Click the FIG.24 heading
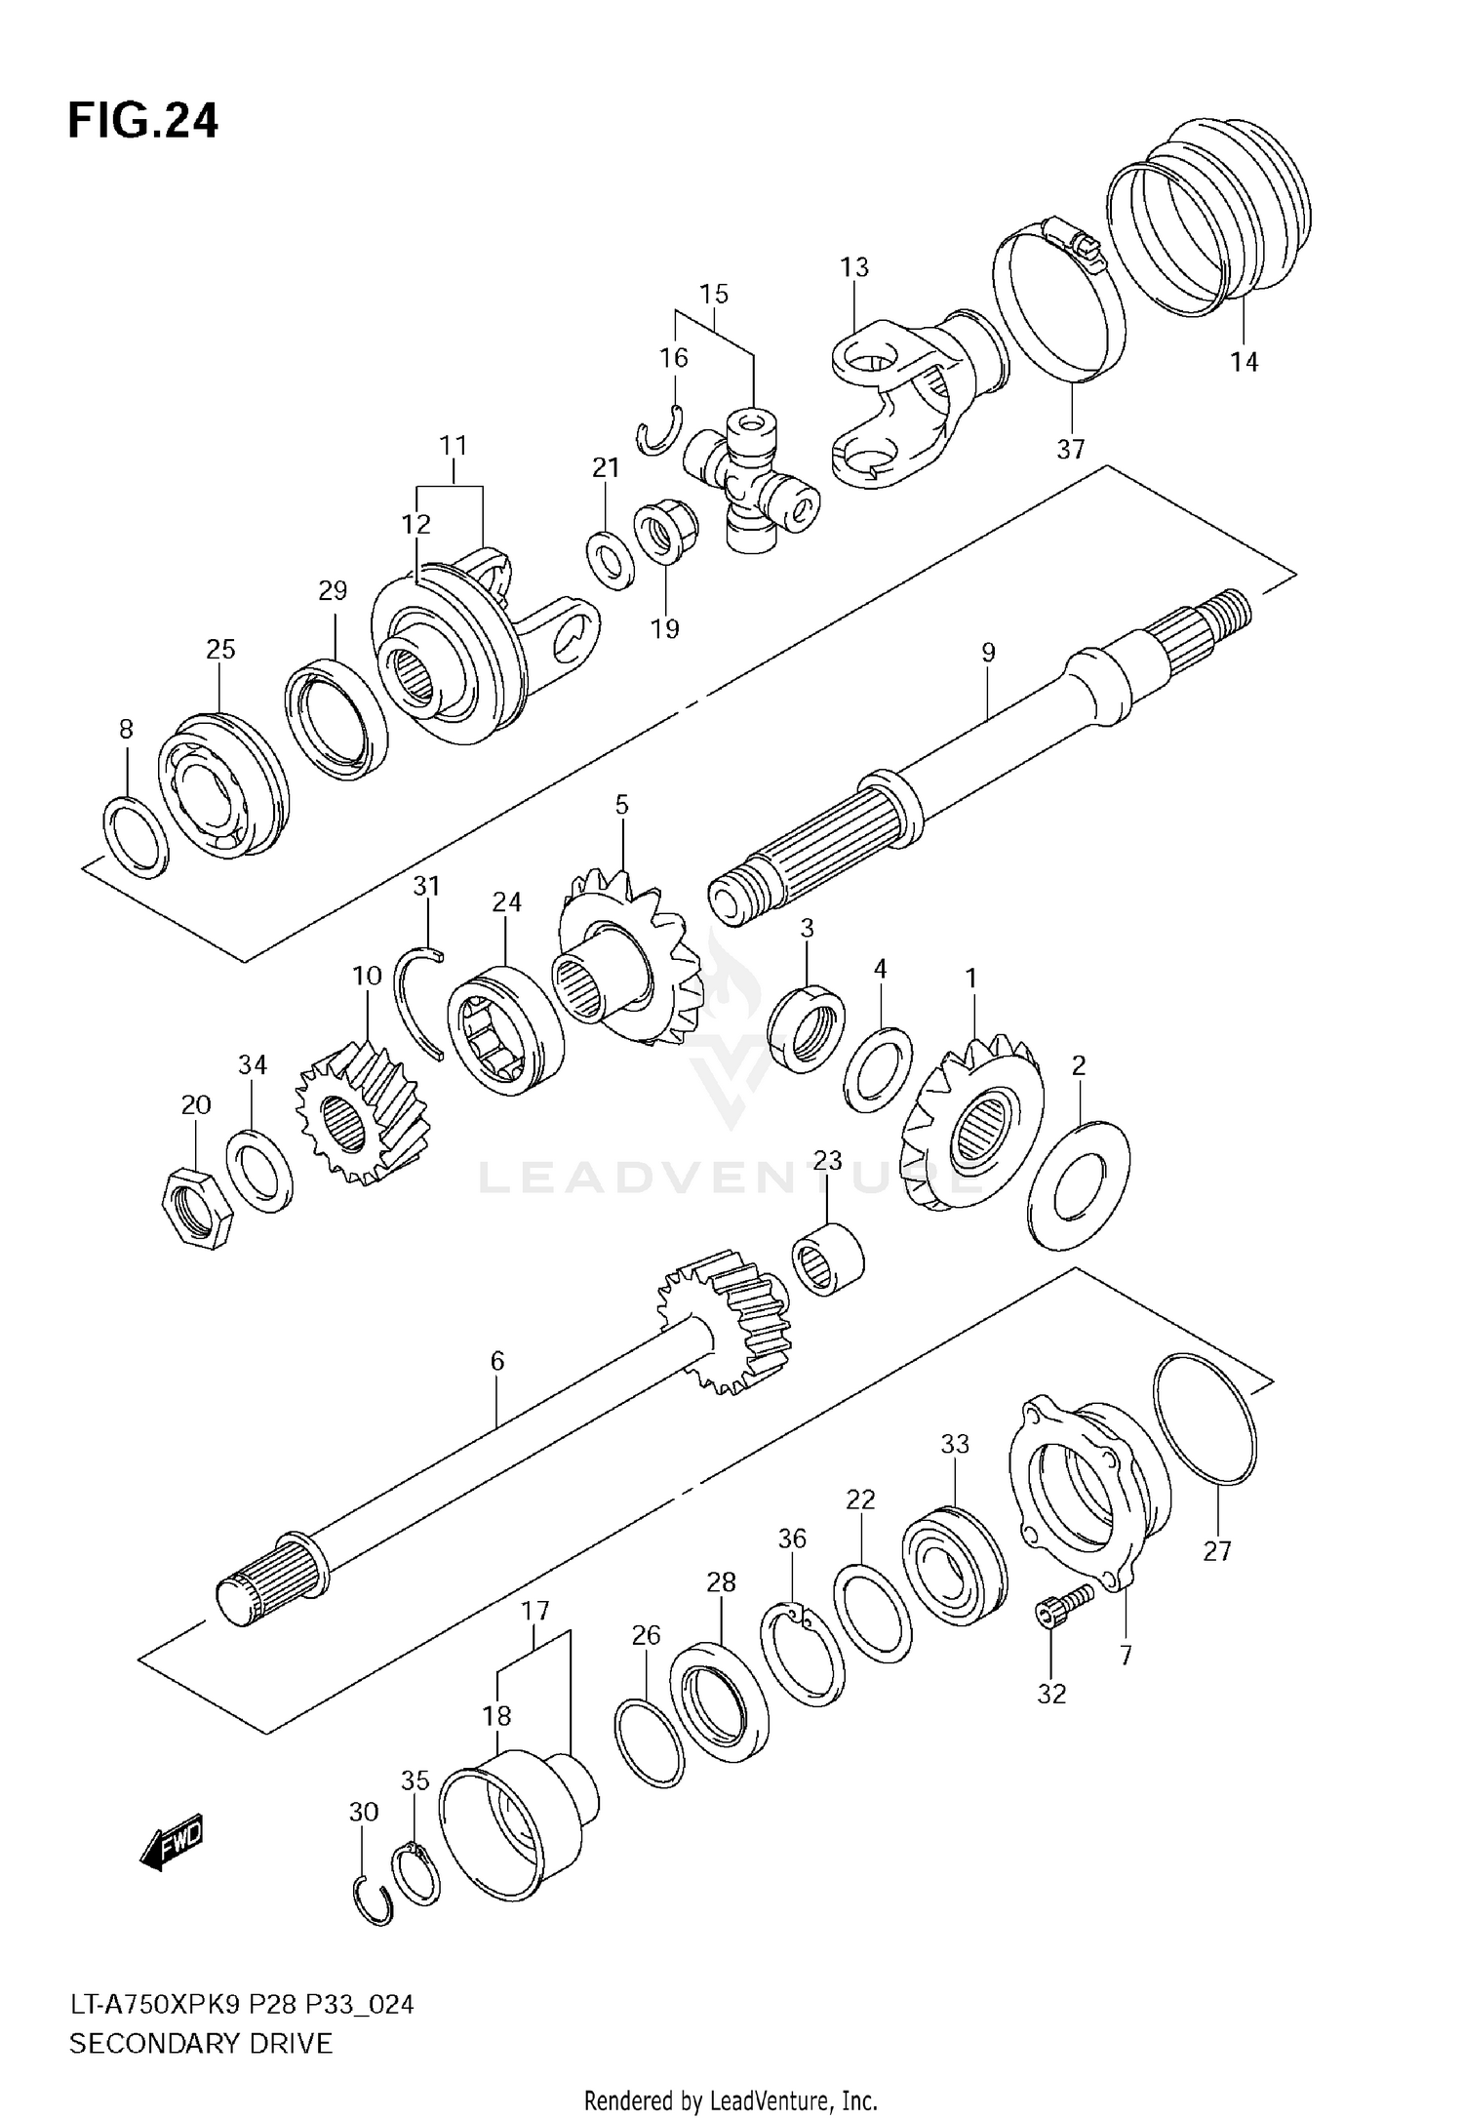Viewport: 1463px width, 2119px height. pos(142,123)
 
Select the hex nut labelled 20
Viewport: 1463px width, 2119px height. pos(196,1207)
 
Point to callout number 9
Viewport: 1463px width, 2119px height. pos(988,653)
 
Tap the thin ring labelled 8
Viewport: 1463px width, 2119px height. pos(135,835)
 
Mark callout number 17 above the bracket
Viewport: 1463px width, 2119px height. pos(535,1611)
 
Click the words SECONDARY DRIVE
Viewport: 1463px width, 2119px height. pos(201,2042)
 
